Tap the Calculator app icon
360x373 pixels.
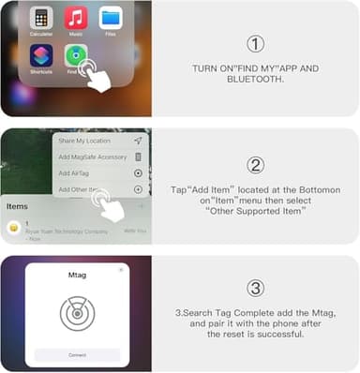(40, 19)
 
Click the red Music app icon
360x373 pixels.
(76, 19)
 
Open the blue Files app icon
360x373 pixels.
(111, 19)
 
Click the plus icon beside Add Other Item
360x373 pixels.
(138, 188)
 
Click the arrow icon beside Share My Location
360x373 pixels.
(138, 141)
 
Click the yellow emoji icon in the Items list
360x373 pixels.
(14, 227)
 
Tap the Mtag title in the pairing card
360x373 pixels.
(77, 278)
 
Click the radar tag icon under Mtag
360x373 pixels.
(77, 314)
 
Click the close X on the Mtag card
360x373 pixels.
(121, 270)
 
